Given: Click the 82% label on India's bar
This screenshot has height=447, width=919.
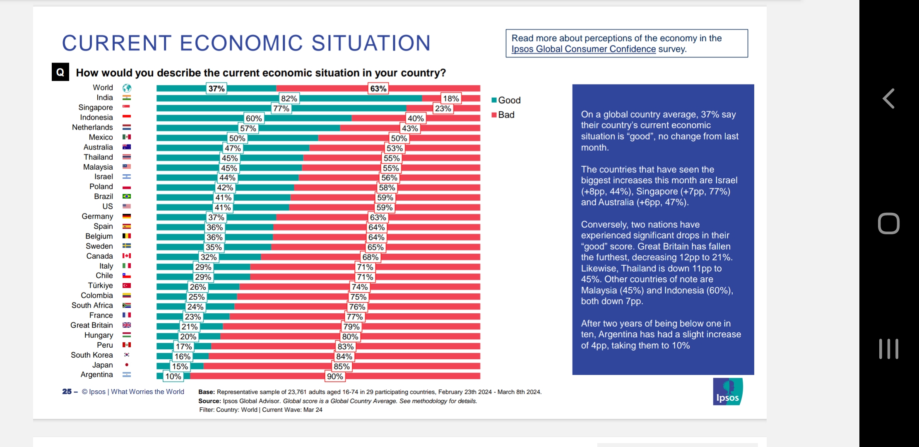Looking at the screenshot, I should pyautogui.click(x=289, y=99).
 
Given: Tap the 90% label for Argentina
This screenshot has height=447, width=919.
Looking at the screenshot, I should pyautogui.click(x=335, y=377).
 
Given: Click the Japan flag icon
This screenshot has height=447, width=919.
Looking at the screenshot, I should pyautogui.click(x=127, y=365).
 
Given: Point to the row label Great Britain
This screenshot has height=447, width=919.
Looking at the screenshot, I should pyautogui.click(x=91, y=325).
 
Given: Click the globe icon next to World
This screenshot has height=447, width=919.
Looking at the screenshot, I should pyautogui.click(x=127, y=88).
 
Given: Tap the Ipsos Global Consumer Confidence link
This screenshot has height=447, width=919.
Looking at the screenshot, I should pyautogui.click(x=583, y=49).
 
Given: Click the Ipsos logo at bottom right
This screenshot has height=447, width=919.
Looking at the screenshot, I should pyautogui.click(x=727, y=392).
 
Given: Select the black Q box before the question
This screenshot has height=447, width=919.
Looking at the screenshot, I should pyautogui.click(x=60, y=72).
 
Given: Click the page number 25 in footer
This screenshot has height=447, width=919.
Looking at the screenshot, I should pyautogui.click(x=67, y=392).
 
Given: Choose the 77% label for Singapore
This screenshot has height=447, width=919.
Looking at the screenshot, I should pyautogui.click(x=281, y=108).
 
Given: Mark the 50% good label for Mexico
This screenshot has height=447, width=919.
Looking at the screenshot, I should pyautogui.click(x=237, y=138).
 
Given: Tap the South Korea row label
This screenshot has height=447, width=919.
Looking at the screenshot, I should pyautogui.click(x=91, y=355).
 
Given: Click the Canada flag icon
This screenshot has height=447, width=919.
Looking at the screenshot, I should pyautogui.click(x=127, y=256).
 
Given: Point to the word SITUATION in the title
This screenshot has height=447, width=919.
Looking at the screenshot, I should pyautogui.click(x=370, y=43).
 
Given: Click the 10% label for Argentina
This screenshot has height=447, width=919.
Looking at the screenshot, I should pyautogui.click(x=173, y=377).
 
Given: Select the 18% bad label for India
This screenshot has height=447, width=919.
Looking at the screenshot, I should pyautogui.click(x=451, y=99).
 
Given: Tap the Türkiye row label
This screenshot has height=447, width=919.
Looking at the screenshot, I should pyautogui.click(x=100, y=286).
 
